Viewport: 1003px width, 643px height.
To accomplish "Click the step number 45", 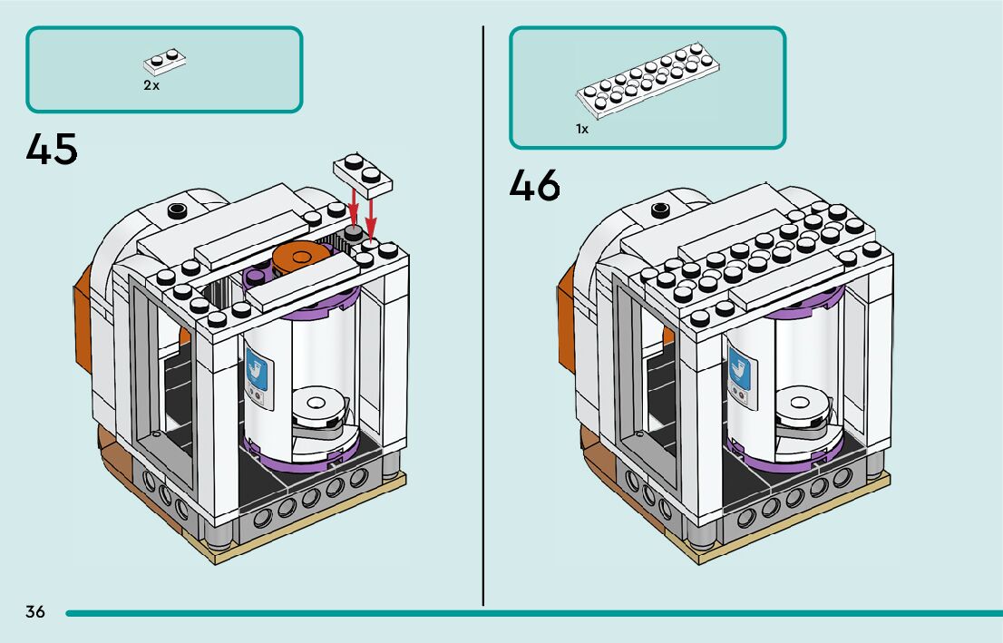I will [x=53, y=149].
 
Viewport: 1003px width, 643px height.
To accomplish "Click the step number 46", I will [x=535, y=185].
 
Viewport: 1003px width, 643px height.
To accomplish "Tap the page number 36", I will [x=35, y=611].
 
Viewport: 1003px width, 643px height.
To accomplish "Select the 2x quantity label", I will [x=151, y=85].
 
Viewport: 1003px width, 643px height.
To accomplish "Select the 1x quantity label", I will [x=582, y=130].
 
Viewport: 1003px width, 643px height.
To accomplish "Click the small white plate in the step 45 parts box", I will [x=166, y=63].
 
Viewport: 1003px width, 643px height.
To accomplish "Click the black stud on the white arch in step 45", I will [x=177, y=210].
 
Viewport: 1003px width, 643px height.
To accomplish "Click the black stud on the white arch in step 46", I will [x=661, y=209].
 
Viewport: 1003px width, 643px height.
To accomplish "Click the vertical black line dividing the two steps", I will [x=483, y=317].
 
